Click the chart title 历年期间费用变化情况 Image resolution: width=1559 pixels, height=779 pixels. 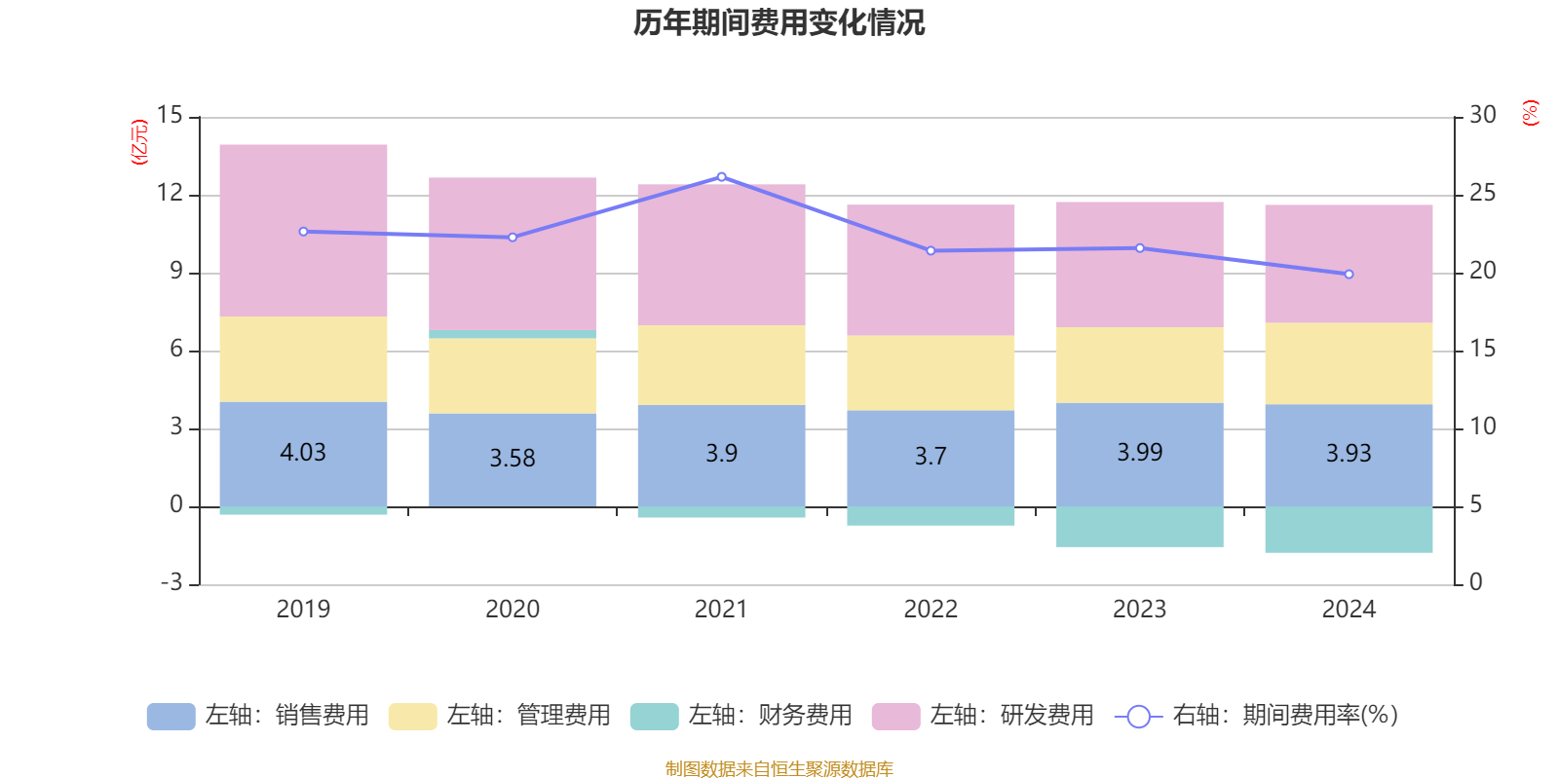point(779,22)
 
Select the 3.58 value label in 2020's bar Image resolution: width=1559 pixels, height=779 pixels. point(513,458)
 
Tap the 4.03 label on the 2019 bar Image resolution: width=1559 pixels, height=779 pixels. point(303,453)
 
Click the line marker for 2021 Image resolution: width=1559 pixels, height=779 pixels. point(721,177)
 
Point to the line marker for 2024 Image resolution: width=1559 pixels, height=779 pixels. point(1349,275)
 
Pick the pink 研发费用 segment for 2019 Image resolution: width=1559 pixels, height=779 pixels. point(303,231)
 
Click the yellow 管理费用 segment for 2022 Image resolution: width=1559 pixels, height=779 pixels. point(931,373)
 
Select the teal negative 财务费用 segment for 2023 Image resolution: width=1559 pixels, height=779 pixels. point(1140,527)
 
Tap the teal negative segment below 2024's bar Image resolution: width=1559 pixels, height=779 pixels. point(1349,530)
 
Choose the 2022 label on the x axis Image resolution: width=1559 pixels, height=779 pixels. point(931,610)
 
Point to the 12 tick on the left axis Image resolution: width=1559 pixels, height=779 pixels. point(171,194)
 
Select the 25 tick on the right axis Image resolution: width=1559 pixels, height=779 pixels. point(1482,194)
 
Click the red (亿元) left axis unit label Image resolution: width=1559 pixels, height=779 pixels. point(139,142)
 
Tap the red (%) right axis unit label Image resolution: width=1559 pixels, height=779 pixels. point(1530,113)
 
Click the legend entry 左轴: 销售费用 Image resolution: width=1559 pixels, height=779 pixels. point(258,716)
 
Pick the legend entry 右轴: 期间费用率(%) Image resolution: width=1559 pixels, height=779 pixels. point(1257,716)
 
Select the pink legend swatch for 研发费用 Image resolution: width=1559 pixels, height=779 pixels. point(895,717)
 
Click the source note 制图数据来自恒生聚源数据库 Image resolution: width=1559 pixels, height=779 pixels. point(779,769)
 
